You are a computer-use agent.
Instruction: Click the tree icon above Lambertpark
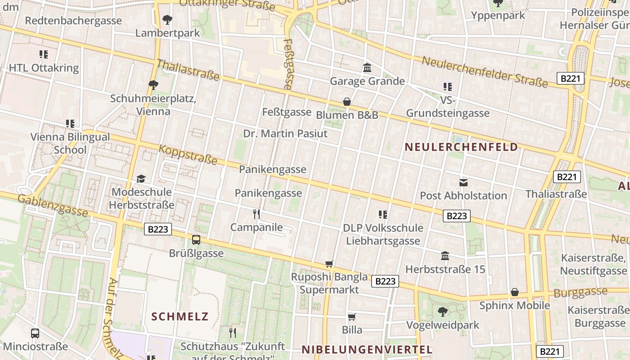coord(167,20)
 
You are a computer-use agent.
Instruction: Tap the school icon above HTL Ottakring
coord(43,55)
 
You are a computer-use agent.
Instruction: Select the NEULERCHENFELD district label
coord(461,147)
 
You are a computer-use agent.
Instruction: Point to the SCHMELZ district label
coord(180,316)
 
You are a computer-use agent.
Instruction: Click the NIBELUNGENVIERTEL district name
coord(367,350)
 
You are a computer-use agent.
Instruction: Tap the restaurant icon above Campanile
coord(256,214)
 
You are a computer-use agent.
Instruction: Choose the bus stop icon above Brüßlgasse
coord(196,240)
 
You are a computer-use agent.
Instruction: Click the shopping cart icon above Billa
coord(352,317)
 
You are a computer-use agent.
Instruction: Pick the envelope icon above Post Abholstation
coord(463,183)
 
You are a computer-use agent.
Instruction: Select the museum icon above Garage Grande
coord(367,68)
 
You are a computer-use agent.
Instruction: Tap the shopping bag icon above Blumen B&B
coord(347,102)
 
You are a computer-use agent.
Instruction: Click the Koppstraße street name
coord(188,154)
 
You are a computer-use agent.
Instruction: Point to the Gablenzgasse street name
coord(53,205)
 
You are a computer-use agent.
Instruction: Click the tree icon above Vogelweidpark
coord(443,311)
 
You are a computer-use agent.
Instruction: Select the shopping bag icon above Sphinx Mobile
coord(515,292)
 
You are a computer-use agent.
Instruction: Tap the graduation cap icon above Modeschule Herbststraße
coord(141,179)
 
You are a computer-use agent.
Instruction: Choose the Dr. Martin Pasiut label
coord(285,134)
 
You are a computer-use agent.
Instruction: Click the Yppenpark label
coord(498,15)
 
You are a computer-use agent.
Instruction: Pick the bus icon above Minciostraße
coord(35,333)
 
